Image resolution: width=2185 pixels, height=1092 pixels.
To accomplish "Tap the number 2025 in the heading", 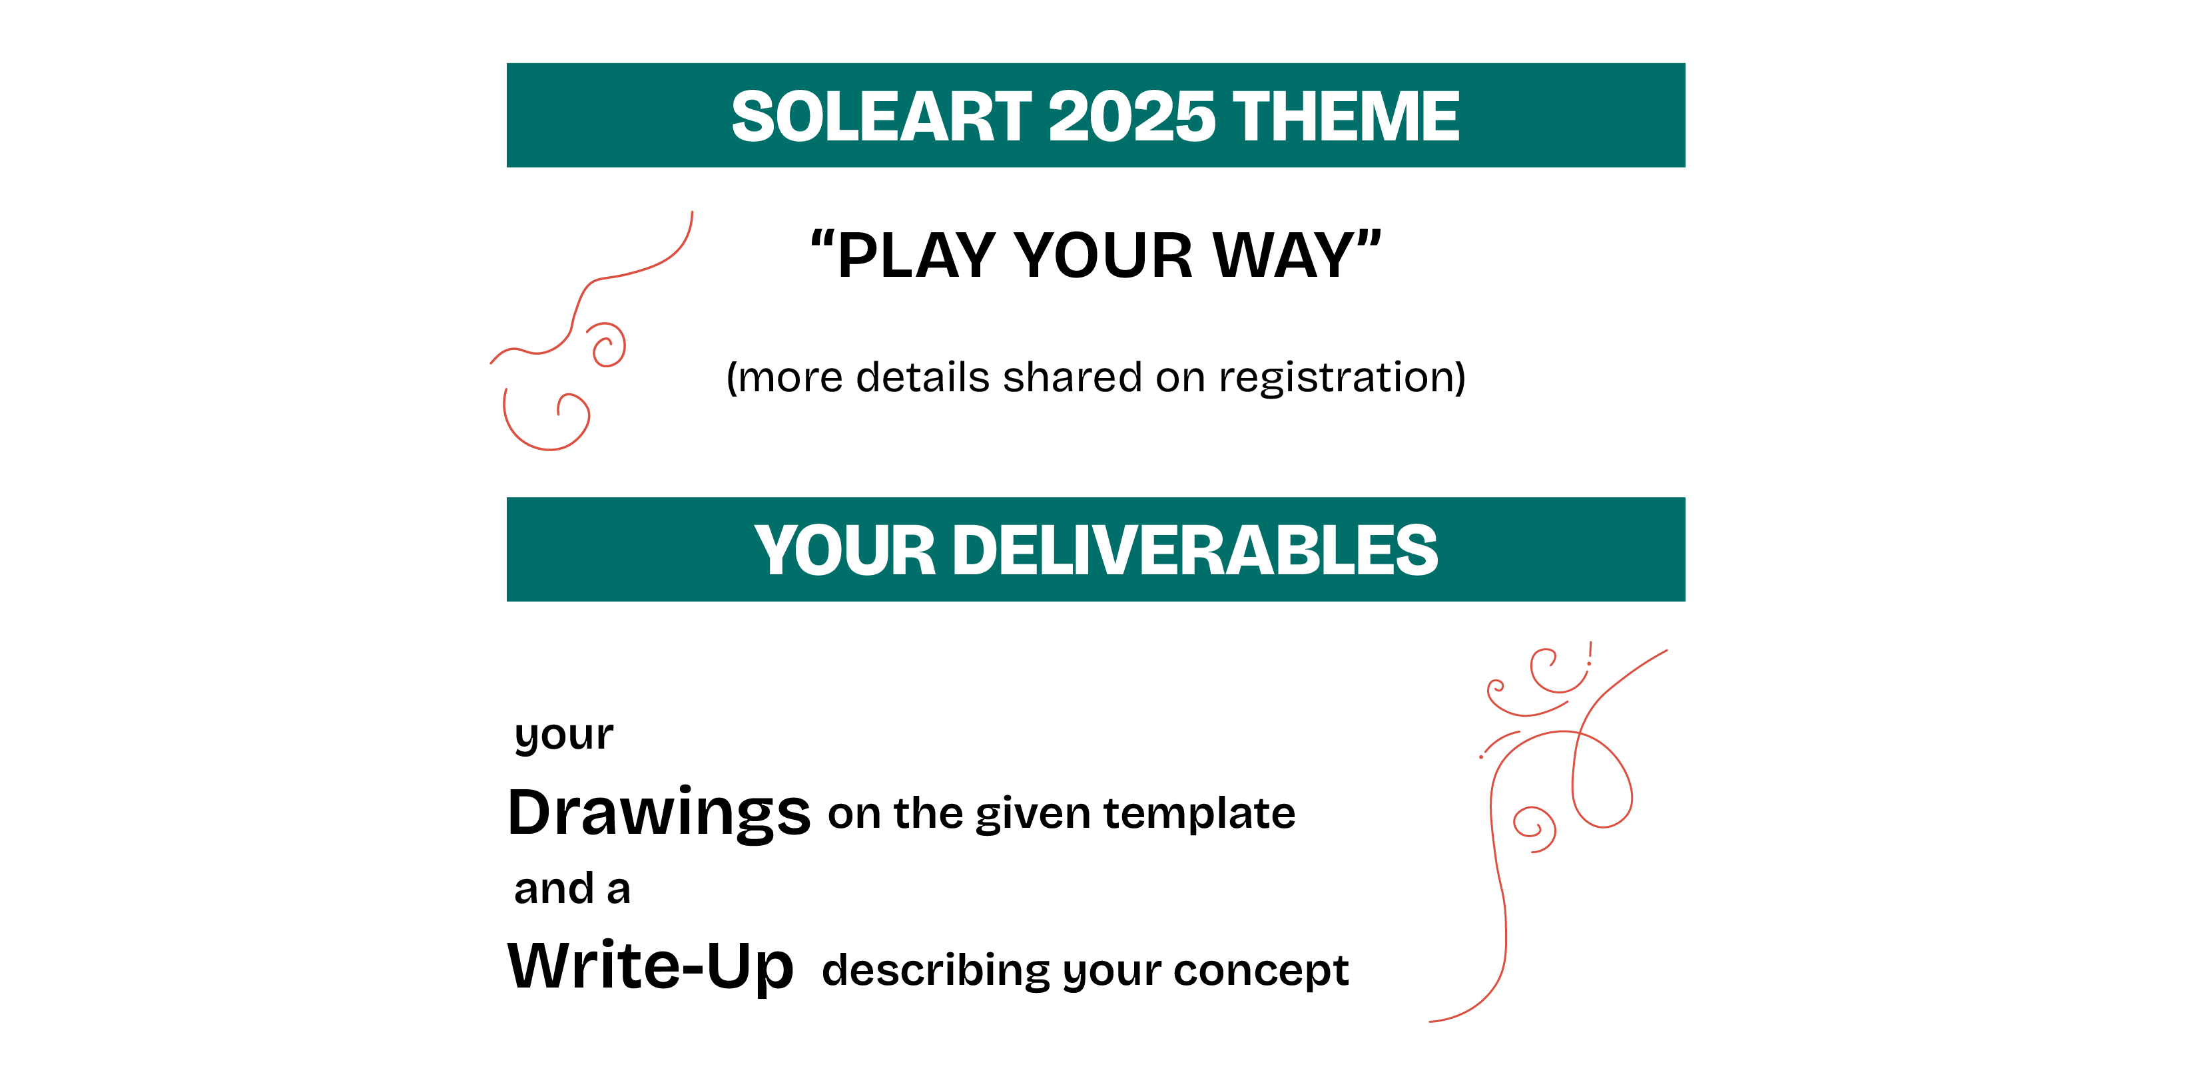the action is point(1132,116).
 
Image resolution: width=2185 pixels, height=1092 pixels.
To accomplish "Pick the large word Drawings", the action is point(659,813).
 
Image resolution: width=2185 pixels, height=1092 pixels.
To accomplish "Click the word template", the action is point(1199,814).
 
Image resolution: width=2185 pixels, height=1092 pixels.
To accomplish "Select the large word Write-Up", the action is point(651,966).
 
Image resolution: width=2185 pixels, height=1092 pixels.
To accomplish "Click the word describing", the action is point(936,971).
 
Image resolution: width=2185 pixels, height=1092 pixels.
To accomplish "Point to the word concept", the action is point(1261,971).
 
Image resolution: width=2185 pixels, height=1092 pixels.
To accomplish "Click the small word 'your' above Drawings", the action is point(563,735).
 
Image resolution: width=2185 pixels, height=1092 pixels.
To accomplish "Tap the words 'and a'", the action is point(573,889).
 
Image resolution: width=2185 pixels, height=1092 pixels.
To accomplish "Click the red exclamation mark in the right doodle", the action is point(1590,653).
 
